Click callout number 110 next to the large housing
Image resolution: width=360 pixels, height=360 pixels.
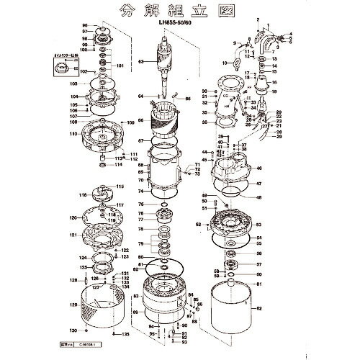[x=73, y=135]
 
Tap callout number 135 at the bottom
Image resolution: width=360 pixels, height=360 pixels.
[x=125, y=335]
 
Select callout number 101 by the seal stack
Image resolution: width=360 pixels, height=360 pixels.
[x=120, y=66]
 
